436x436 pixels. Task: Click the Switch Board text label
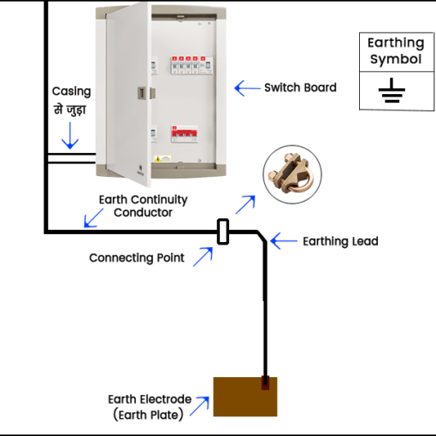tap(300, 87)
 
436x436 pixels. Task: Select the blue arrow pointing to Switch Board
tap(247, 87)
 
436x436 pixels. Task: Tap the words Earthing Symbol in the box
tap(395, 51)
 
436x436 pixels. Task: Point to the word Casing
tap(70, 91)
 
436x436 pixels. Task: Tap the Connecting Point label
tap(137, 257)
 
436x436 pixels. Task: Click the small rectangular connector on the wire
tap(223, 232)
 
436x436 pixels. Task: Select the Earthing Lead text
tap(340, 241)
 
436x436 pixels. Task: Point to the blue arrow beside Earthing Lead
tap(281, 241)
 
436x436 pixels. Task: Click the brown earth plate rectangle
tap(245, 397)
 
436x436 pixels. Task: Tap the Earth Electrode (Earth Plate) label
tap(150, 407)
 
